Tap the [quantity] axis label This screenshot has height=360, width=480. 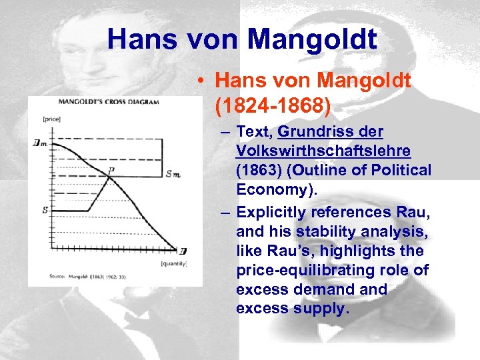173,264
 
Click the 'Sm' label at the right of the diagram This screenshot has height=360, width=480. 173,175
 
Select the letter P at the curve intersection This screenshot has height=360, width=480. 111,170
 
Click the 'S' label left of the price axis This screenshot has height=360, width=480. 44,211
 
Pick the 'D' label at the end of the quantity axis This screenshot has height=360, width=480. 183,251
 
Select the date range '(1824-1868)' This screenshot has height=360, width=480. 274,105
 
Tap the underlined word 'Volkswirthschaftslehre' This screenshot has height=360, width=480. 323,151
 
